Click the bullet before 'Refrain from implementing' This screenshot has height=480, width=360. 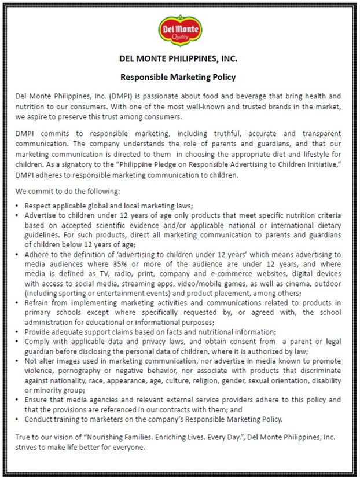pos(18,303)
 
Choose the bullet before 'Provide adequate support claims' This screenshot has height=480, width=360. pos(18,331)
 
